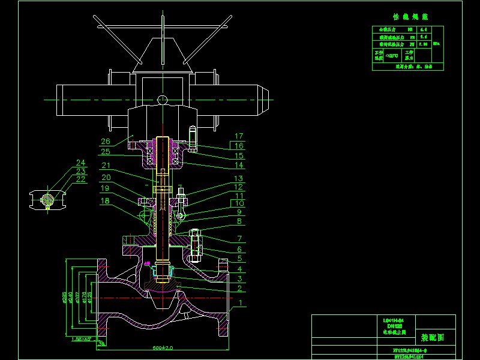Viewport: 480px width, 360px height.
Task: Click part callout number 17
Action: click(x=239, y=136)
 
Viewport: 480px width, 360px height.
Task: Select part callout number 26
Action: click(x=106, y=142)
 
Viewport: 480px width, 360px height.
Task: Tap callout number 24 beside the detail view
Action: click(x=80, y=163)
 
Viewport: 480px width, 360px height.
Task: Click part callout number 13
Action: click(x=239, y=179)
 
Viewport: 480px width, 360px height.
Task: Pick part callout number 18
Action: click(x=106, y=201)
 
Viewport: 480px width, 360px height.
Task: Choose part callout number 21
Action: click(x=106, y=166)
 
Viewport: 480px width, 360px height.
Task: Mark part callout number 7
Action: click(x=239, y=239)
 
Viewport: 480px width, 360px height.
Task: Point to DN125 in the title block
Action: click(x=393, y=325)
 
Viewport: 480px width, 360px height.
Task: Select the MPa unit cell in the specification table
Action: click(x=437, y=44)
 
